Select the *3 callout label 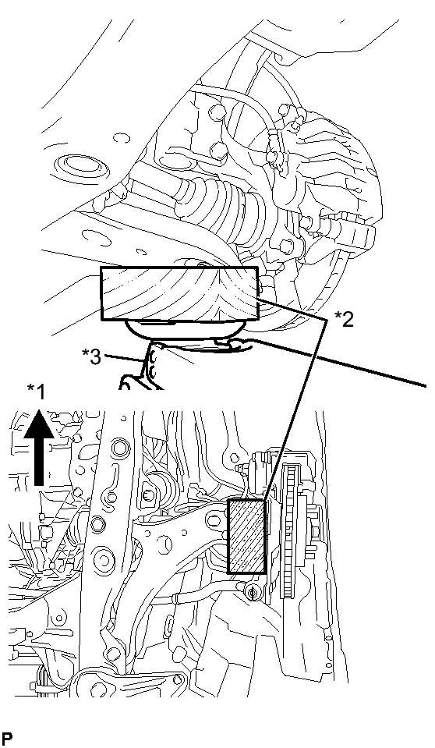tap(90, 356)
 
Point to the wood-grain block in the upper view tap(179, 294)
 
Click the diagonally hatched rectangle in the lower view tap(246, 536)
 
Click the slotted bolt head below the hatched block tap(252, 591)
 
